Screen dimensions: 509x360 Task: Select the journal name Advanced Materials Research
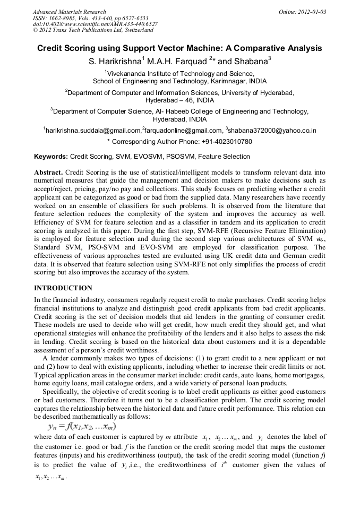point(70,12)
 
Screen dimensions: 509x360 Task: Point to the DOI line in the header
point(95,24)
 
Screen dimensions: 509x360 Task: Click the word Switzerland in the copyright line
point(130,31)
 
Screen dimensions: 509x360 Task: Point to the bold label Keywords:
point(51,157)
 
